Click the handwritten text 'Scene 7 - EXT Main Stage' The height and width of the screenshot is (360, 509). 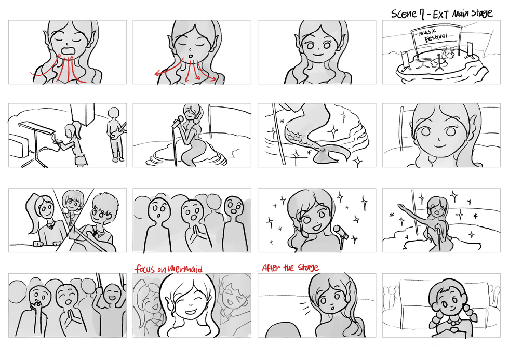tap(441, 14)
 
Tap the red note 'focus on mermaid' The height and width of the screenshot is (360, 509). tap(169, 269)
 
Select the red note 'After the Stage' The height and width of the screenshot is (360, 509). tap(290, 268)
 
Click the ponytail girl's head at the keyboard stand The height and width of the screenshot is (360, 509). tap(71, 129)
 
